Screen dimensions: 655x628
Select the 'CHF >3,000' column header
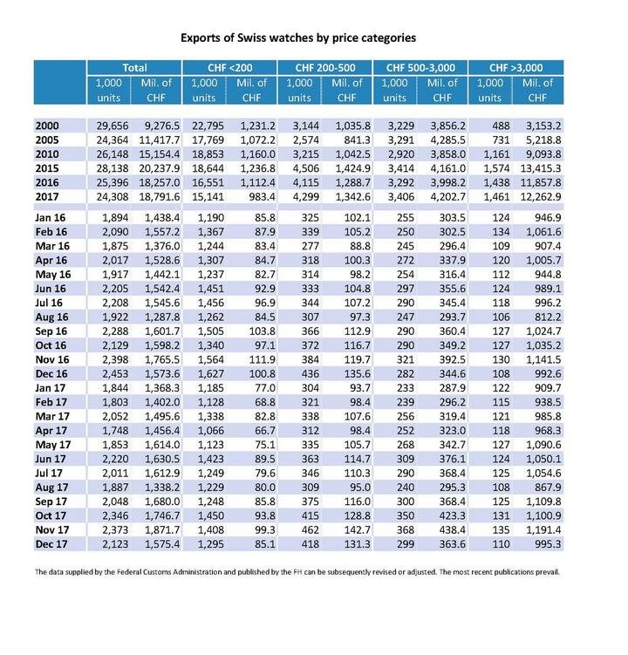click(x=515, y=67)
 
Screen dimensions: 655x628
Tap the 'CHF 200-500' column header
click(x=324, y=67)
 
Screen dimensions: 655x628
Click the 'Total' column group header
click(x=133, y=67)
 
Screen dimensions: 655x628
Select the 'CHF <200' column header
click(x=229, y=67)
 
